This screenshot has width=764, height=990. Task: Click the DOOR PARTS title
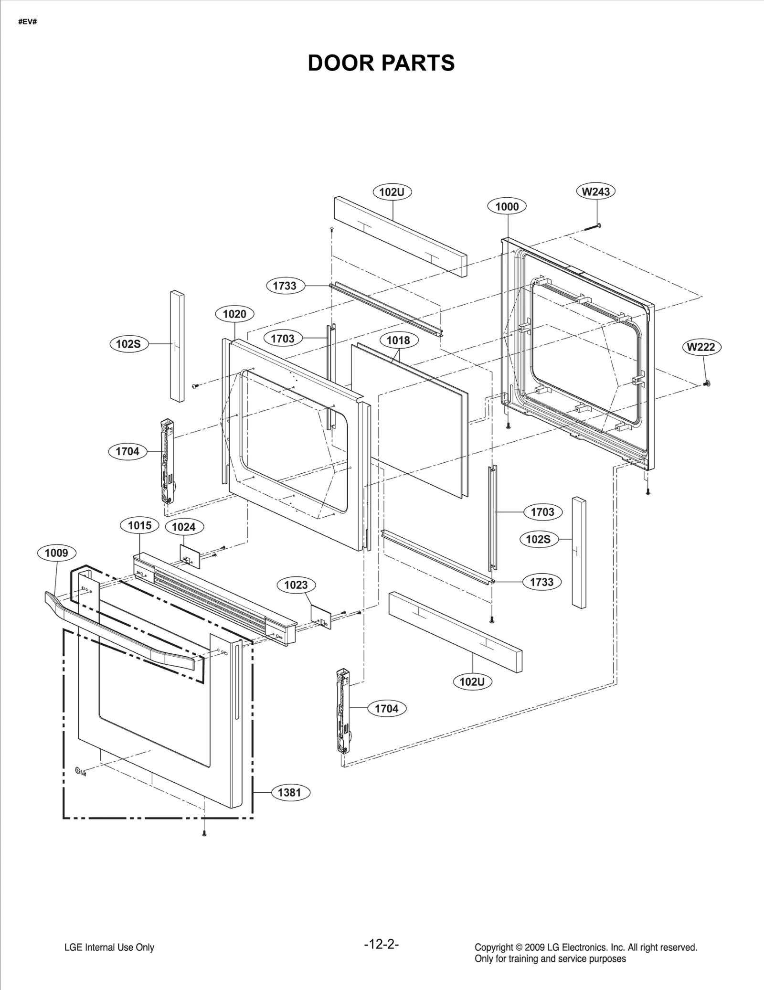381,63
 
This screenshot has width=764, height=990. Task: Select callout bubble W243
595,192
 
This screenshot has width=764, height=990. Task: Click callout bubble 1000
507,206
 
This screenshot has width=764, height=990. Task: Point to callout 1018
398,340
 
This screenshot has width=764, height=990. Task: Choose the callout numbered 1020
234,314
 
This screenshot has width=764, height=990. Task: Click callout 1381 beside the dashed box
289,792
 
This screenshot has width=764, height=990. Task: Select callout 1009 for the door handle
56,553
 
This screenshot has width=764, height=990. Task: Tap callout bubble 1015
139,525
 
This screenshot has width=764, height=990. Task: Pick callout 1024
184,527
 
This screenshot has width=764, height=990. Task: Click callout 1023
296,585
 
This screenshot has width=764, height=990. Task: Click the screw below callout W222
707,383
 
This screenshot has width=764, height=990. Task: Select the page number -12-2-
381,944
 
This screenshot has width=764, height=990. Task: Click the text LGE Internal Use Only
109,947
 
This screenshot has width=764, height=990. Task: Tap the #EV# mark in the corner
27,22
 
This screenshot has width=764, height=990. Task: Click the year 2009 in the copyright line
535,947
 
